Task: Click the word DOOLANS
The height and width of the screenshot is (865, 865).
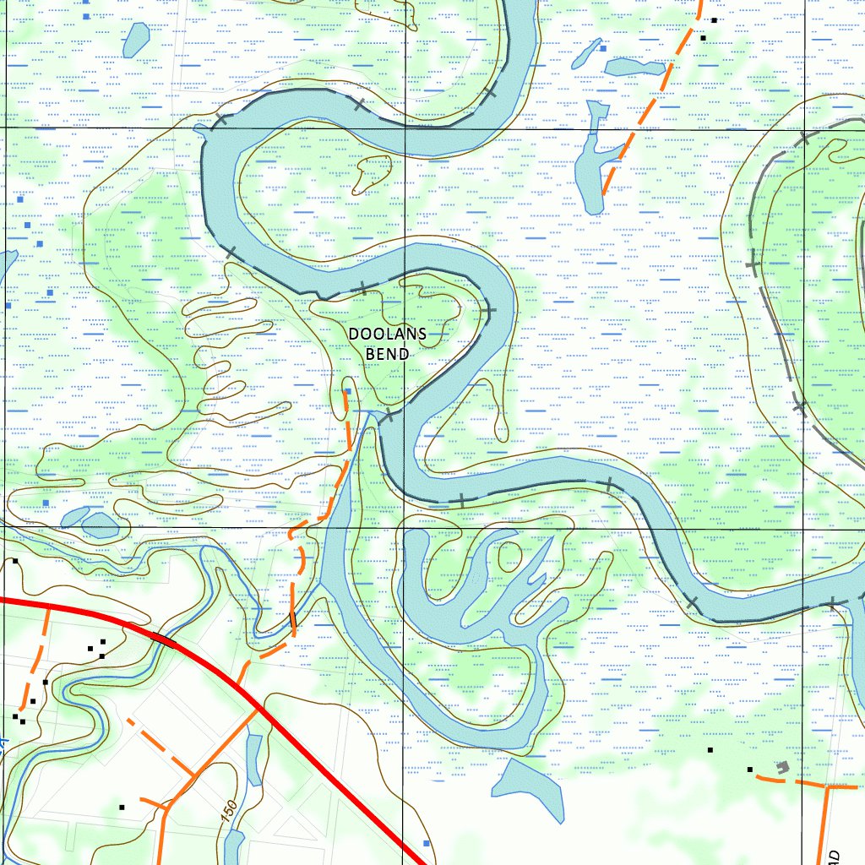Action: click(387, 335)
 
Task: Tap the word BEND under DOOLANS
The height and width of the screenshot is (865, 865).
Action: click(387, 354)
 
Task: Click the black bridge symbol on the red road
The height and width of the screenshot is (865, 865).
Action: click(164, 639)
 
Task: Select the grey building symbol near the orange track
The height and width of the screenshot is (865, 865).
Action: click(783, 767)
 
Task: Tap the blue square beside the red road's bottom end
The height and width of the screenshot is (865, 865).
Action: click(426, 843)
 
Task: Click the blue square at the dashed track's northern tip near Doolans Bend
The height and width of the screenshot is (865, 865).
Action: click(348, 391)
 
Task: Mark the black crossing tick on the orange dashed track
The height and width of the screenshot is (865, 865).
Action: click(292, 623)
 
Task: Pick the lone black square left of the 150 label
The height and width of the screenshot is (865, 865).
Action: click(122, 808)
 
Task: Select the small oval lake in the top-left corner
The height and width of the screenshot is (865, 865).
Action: click(136, 39)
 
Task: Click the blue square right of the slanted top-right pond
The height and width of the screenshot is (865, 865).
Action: click(603, 49)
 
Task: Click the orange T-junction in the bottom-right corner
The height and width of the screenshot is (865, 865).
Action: click(825, 786)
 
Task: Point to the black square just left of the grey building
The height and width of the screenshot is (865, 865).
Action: click(749, 769)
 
